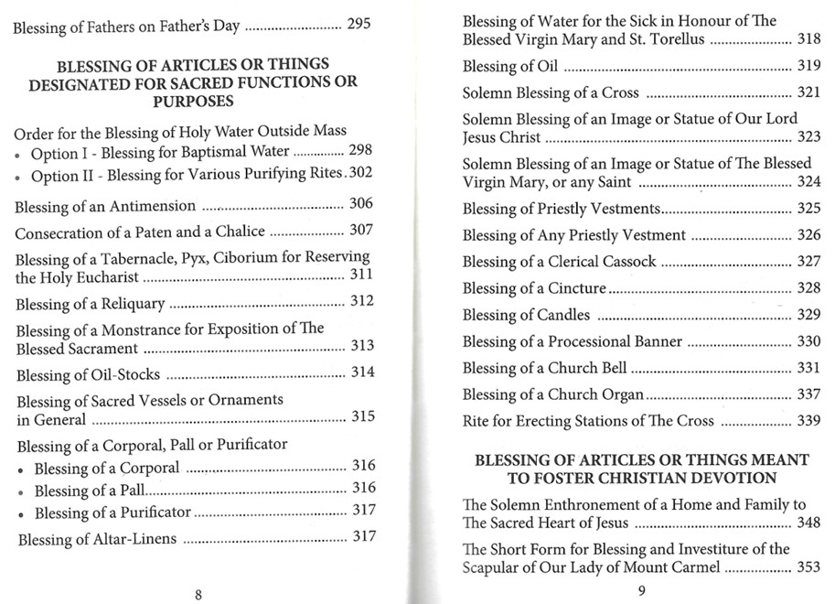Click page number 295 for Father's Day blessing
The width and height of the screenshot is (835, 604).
click(359, 25)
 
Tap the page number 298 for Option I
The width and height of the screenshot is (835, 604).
click(360, 151)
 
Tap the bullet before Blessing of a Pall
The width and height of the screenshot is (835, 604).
click(23, 492)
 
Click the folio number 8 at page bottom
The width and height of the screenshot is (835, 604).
click(198, 594)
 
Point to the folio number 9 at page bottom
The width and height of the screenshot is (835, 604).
click(641, 590)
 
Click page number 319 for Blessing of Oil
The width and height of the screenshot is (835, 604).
click(808, 66)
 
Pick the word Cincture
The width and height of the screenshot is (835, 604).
click(578, 288)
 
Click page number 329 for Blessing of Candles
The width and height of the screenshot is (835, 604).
click(808, 316)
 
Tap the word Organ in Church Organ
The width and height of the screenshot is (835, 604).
click(622, 395)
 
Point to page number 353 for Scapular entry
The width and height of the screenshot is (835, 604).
click(808, 568)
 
